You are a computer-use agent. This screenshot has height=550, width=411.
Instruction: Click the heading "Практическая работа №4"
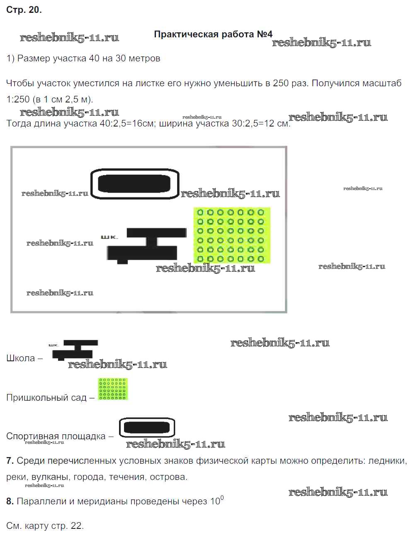point(213,34)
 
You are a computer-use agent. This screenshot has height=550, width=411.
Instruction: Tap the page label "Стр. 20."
point(24,10)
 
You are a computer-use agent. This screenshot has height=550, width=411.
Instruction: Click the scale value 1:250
point(18,99)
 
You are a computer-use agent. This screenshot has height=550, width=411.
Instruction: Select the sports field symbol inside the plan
point(134,183)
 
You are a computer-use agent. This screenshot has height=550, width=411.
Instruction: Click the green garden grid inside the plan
point(232,235)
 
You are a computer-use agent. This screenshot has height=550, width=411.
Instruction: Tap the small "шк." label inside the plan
point(109,237)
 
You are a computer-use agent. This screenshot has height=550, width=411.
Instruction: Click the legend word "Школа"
point(21,358)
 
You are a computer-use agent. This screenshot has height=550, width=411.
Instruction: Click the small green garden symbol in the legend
point(113,389)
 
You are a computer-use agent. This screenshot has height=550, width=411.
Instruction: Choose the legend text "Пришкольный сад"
point(46,397)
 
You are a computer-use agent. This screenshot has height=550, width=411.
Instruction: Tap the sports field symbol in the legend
point(147,427)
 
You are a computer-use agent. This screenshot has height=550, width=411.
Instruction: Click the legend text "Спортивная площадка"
point(56,436)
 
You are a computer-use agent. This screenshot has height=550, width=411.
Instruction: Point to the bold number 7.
point(10,460)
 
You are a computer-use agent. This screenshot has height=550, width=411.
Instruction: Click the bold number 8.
point(10,501)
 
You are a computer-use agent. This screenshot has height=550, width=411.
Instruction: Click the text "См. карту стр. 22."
point(45,526)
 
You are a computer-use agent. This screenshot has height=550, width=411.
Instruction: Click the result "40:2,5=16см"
point(126,124)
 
